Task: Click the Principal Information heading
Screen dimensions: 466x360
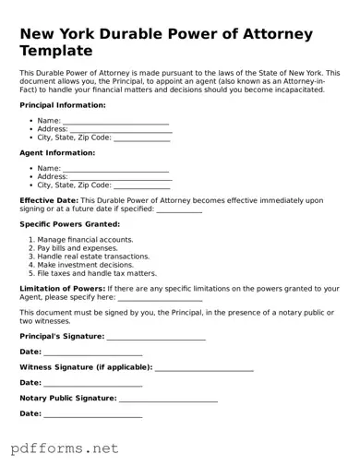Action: [60, 105]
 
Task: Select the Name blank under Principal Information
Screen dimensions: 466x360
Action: [115, 122]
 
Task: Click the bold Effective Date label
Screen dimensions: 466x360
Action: [49, 200]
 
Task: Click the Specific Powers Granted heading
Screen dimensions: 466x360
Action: [70, 224]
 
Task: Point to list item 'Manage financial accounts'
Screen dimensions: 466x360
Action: [85, 240]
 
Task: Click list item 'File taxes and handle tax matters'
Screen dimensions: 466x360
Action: [97, 273]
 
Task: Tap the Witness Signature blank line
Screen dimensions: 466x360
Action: [204, 367]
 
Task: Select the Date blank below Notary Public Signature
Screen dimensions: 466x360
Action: [93, 414]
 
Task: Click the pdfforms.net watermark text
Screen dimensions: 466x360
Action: [65, 448]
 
